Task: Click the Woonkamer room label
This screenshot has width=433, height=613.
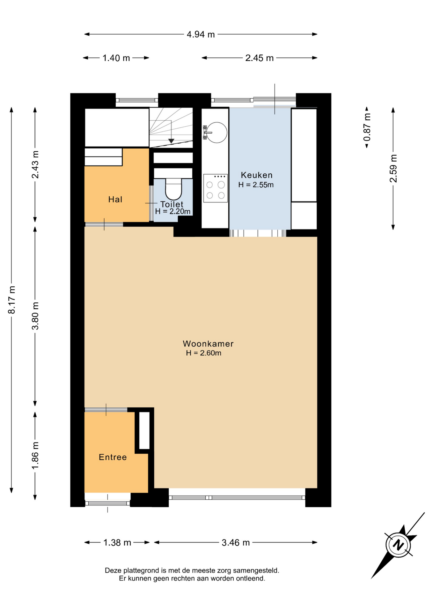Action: coord(208,344)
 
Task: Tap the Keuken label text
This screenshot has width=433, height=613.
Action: coord(257,175)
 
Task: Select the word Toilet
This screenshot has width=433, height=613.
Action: coord(172,204)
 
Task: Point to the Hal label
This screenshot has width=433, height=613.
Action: coord(115,200)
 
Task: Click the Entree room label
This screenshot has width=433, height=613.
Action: coord(113,457)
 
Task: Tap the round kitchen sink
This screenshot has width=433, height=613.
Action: coord(217,132)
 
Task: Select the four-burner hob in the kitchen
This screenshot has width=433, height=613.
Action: coord(216,188)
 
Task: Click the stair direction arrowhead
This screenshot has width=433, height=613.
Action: coord(171,141)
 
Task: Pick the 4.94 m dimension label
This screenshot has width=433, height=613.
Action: coord(201,34)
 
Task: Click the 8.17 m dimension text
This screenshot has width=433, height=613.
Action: coord(12,300)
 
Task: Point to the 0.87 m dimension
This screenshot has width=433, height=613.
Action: coord(367,127)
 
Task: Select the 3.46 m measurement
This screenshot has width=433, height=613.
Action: coord(236,542)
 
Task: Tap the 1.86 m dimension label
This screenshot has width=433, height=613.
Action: coord(35,456)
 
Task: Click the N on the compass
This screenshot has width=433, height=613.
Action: coord(398,544)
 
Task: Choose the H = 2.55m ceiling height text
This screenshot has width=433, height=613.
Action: coord(256,185)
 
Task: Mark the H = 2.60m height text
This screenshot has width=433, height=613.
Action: coord(203,353)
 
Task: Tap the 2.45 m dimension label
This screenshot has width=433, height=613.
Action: coord(259,58)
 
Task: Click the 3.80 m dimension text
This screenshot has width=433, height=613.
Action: coord(35,316)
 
